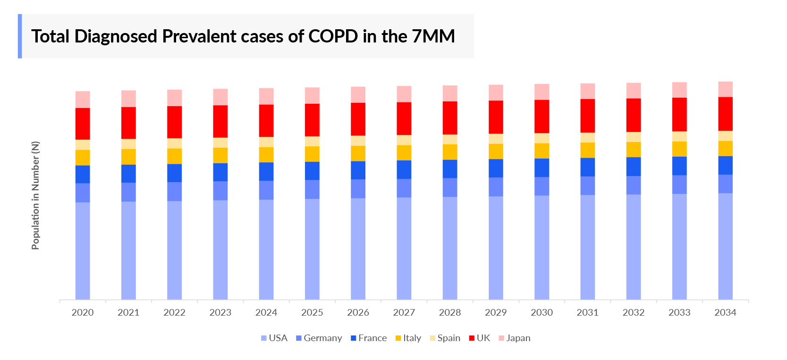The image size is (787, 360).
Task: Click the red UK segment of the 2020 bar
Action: [83, 124]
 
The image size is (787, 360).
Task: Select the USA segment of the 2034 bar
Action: [725, 246]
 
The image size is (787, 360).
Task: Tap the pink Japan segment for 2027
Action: [404, 94]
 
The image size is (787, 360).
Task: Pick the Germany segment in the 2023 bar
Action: [220, 191]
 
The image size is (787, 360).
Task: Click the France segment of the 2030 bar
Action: [542, 167]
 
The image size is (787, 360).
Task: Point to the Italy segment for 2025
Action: [312, 154]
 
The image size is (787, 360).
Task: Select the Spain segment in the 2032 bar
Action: [633, 137]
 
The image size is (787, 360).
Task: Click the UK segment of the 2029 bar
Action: [496, 117]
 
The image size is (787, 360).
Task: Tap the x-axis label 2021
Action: [128, 312]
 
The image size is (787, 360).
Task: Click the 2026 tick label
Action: [358, 312]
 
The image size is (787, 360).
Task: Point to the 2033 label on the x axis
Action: [679, 312]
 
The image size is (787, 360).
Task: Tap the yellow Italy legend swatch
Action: [398, 338]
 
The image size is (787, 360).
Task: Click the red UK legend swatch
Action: [471, 338]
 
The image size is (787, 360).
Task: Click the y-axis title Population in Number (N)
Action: [35, 195]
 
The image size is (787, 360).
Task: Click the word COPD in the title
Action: [333, 36]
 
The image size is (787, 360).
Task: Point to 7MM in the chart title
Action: [433, 36]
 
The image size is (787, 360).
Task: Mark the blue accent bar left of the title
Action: [20, 36]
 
